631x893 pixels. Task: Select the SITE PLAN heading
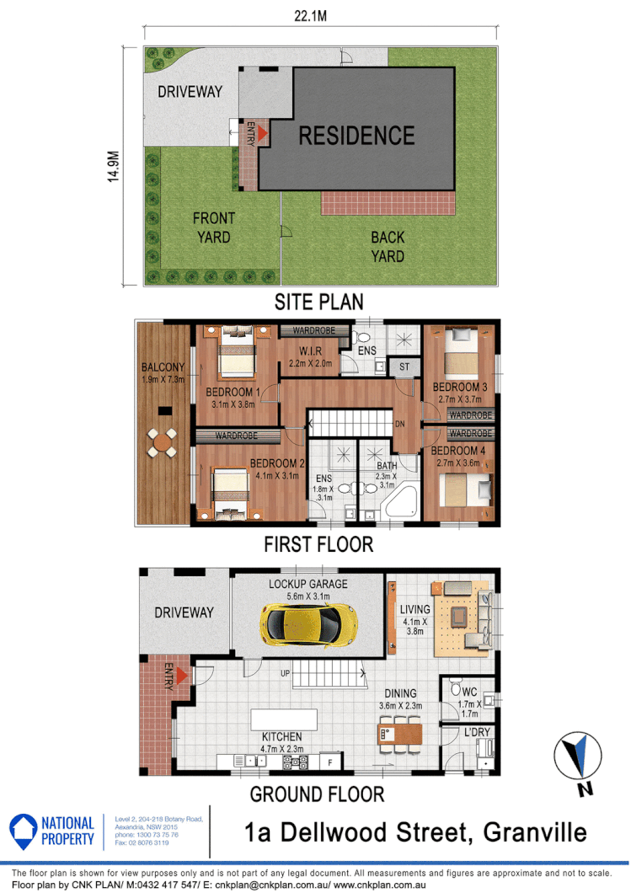[x=318, y=302]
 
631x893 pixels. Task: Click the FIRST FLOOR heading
[x=318, y=544]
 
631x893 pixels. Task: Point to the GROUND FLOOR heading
[x=317, y=794]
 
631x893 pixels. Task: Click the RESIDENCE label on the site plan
[x=356, y=135]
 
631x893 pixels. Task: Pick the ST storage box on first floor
[x=404, y=366]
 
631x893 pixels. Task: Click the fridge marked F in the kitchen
[x=330, y=762]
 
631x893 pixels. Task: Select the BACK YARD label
[x=388, y=247]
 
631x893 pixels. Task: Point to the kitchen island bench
[x=283, y=720]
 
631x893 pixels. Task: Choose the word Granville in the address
[x=534, y=832]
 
